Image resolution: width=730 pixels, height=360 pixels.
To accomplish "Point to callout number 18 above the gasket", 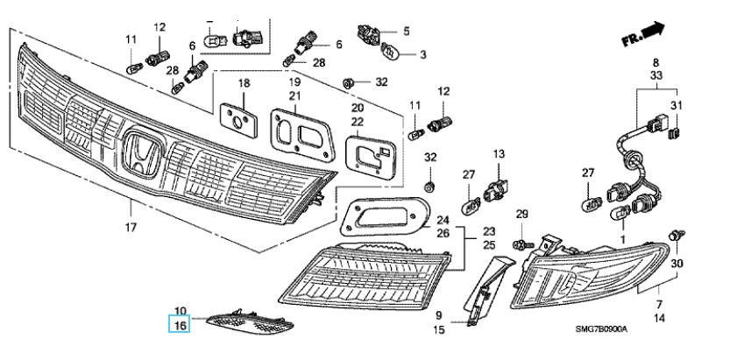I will point(245,83).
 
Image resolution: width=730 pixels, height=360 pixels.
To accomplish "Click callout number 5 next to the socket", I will point(406,32).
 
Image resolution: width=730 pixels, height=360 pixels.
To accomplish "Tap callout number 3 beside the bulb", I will point(422,54).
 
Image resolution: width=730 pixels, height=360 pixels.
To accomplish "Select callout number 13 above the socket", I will point(499,154).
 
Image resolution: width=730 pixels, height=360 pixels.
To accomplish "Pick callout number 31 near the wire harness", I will point(675,107).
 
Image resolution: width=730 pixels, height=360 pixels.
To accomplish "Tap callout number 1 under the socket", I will point(622,238).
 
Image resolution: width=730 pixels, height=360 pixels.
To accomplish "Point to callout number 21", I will point(295,95).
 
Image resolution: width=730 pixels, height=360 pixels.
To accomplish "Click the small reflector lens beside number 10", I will point(237,322).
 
